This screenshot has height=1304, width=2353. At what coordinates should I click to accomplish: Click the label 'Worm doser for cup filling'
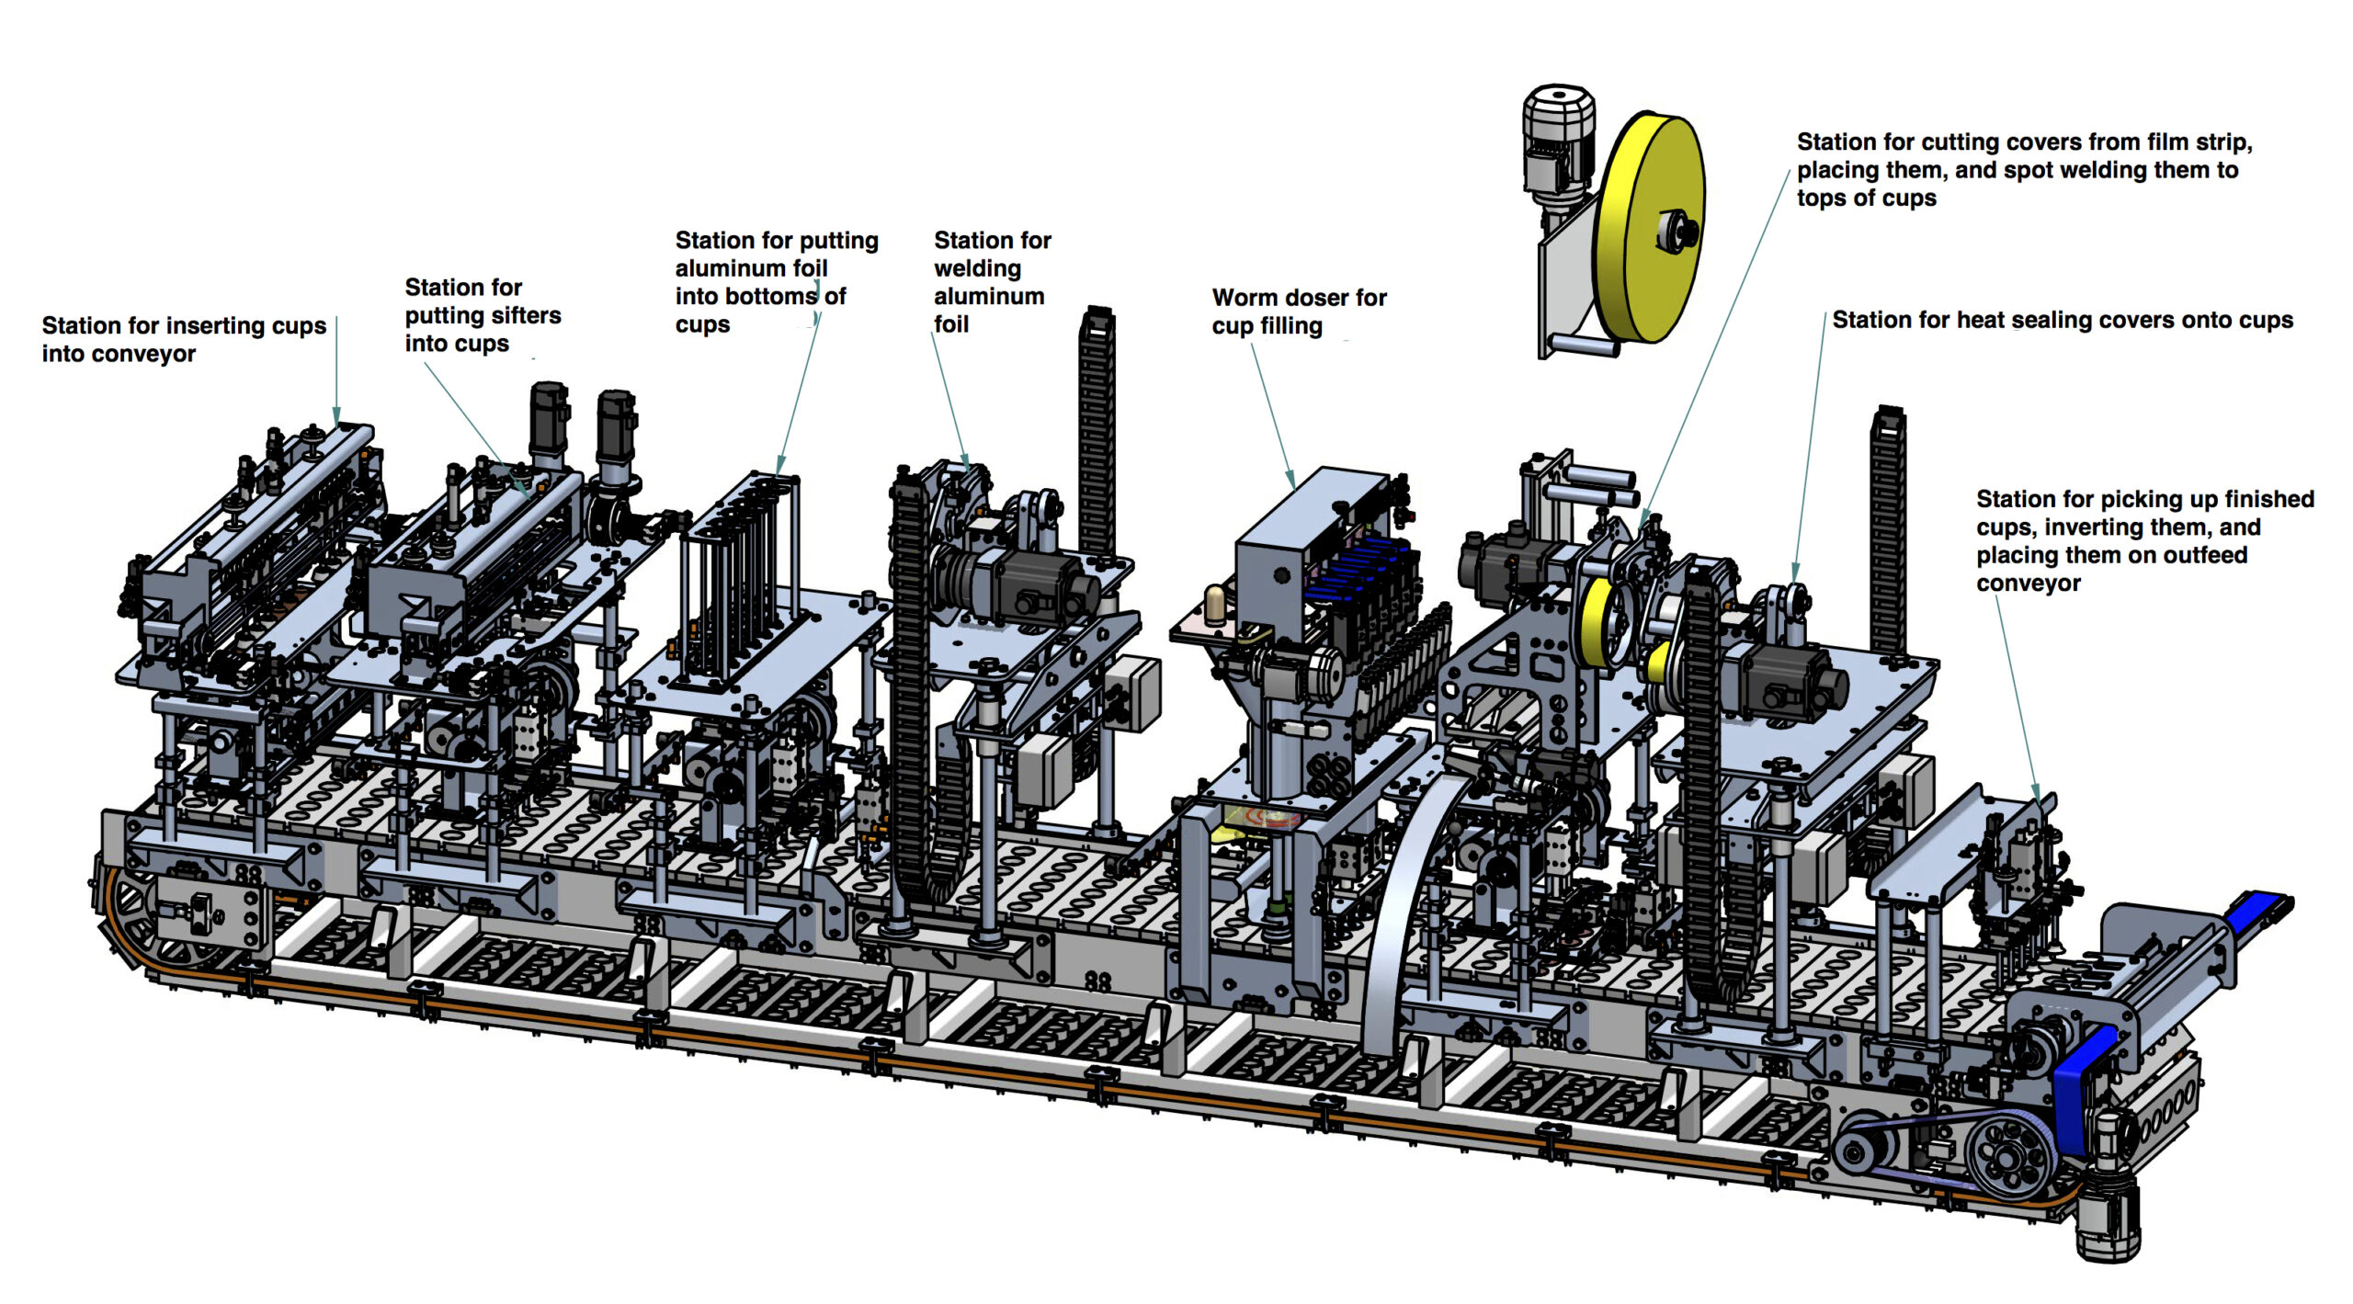[1298, 312]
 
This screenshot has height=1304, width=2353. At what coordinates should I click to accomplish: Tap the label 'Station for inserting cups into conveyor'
[184, 339]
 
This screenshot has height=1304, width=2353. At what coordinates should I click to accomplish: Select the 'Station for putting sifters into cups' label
[483, 315]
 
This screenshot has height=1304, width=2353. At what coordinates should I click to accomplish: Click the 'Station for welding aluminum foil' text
[991, 282]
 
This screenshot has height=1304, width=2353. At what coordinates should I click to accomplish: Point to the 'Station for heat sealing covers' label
[2062, 320]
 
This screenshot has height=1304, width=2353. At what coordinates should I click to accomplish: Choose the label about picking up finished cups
[2144, 540]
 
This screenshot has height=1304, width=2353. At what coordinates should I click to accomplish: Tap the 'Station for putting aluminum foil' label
[776, 282]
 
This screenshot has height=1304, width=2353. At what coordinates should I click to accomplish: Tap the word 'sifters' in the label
[521, 315]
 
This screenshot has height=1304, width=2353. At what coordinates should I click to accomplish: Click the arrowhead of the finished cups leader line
[2037, 794]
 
